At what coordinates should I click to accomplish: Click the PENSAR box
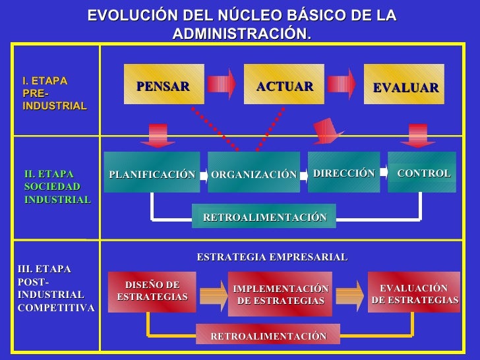164,85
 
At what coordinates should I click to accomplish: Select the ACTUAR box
284,85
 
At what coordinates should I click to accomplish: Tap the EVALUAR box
404,86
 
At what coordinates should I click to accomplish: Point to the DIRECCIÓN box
344,172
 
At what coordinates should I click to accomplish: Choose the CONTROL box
422,172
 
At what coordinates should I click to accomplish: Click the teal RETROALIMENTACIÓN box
264,216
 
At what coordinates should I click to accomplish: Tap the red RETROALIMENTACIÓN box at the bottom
268,335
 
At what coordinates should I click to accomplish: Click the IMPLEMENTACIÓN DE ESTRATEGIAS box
280,294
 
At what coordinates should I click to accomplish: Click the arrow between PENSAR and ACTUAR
222,83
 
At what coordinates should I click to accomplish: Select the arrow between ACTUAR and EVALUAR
343,83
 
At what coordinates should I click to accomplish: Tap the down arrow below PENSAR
158,135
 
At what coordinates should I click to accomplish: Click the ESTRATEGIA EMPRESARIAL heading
272,257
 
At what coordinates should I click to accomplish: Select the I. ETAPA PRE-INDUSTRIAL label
54,93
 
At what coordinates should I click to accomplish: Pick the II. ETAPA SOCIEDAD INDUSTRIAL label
57,187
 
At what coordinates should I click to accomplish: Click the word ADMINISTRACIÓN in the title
241,33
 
